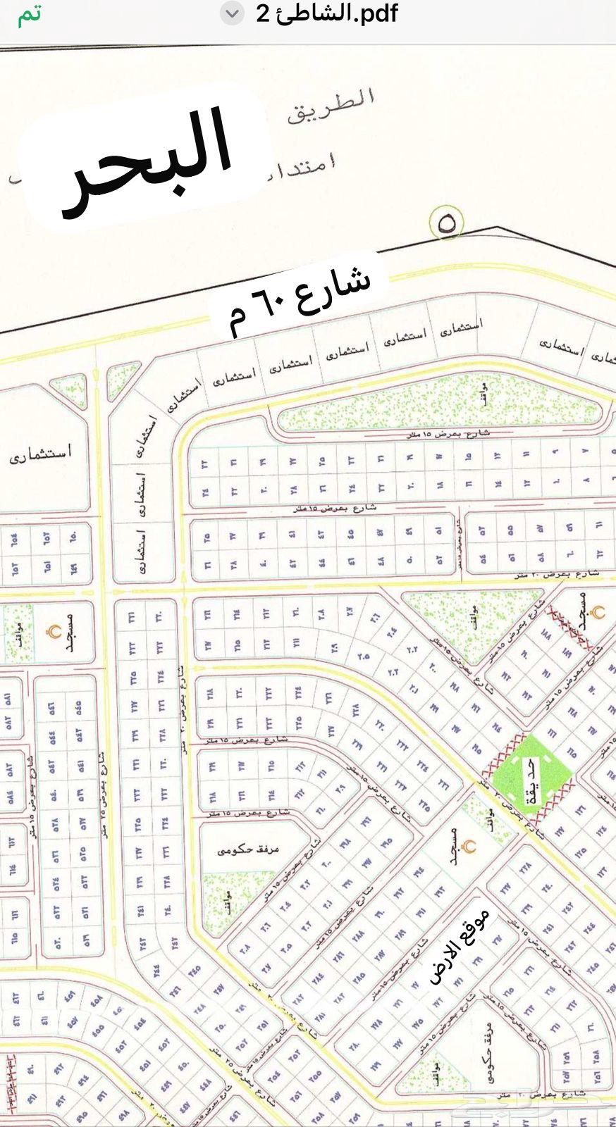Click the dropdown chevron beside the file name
coord(233,14)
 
